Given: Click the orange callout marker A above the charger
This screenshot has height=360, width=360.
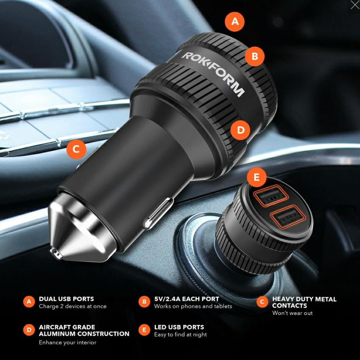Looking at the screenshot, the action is click(x=235, y=22).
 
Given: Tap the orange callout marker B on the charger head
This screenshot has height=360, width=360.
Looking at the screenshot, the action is click(x=255, y=56).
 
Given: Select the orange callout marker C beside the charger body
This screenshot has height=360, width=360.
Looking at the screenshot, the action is click(x=76, y=149).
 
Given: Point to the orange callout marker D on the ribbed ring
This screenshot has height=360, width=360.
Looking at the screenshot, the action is click(x=241, y=130).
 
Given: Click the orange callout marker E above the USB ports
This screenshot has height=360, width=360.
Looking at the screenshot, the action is click(x=257, y=177).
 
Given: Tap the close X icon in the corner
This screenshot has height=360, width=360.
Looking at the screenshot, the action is click(x=355, y=5).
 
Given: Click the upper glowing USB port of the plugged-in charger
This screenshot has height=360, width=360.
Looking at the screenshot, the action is click(x=271, y=196).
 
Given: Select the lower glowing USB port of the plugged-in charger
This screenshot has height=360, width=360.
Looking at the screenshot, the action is click(x=288, y=217).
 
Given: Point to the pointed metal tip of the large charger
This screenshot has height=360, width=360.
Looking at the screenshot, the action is click(x=56, y=254).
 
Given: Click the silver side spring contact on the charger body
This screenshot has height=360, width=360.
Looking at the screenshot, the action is click(x=158, y=213).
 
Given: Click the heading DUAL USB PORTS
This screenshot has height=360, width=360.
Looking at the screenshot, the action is click(x=66, y=299).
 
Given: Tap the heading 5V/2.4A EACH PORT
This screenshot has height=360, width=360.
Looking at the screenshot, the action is click(x=187, y=299).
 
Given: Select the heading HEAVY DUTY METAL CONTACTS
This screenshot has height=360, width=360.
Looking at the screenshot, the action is click(x=304, y=302).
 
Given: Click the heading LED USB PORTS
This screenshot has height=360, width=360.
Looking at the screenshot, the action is click(x=179, y=327).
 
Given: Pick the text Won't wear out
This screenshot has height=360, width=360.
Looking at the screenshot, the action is click(x=292, y=313).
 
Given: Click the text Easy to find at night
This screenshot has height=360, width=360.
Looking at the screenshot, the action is click(x=180, y=335).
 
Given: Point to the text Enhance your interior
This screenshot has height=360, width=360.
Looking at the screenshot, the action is click(x=67, y=343).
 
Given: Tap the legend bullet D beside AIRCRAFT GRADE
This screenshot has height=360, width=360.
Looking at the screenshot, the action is click(x=29, y=330).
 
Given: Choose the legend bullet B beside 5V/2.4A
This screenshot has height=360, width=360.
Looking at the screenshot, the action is click(x=144, y=302).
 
